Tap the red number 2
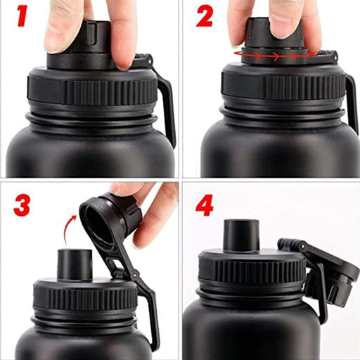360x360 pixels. (204, 15)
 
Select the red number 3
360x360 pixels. (22, 204)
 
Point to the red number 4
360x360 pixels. (204, 205)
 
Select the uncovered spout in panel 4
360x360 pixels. (240, 236)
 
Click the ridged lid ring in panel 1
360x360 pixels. (91, 90)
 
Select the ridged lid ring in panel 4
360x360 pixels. (250, 271)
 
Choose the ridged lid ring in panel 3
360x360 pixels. (84, 297)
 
